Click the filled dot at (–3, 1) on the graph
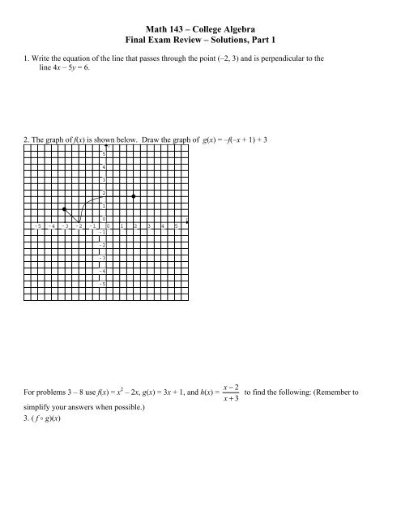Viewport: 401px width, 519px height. [65, 209]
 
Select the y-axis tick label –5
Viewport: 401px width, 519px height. [103, 284]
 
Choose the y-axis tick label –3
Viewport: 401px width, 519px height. [103, 257]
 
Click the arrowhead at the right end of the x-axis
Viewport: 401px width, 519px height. [188, 221]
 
